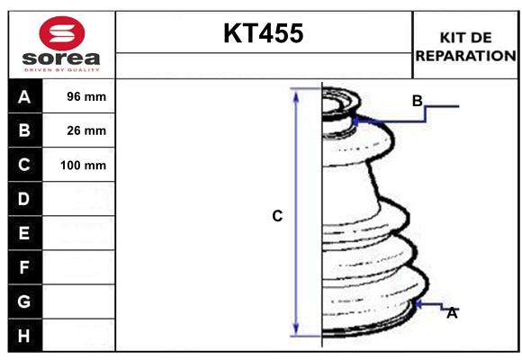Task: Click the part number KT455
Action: pos(263,34)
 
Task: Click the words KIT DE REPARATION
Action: pos(464,46)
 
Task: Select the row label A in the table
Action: pos(24,96)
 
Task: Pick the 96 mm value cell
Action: pos(87,96)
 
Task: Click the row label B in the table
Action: pos(24,130)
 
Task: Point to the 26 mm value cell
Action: pos(87,130)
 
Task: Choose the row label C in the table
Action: pos(24,165)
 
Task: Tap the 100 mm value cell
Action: pos(84,166)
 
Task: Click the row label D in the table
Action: pos(24,199)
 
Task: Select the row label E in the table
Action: pos(24,233)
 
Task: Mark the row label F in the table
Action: pos(24,267)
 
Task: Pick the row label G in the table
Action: pos(24,301)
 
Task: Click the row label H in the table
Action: pos(24,336)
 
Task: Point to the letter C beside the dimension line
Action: pos(277,216)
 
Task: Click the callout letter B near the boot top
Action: pos(417,101)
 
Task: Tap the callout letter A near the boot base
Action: pos(452,313)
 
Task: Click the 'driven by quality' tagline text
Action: pos(61,68)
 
